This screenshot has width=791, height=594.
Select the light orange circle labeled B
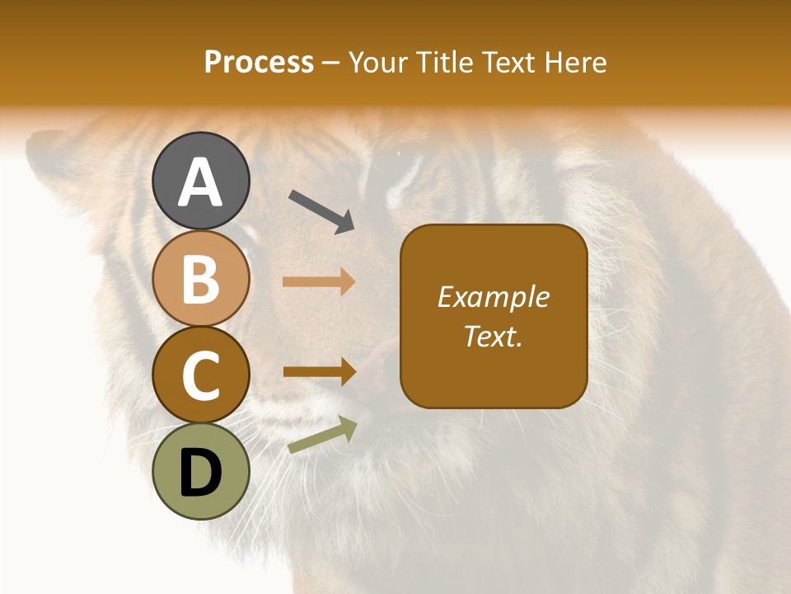coord(200,279)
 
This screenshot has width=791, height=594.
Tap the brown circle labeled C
coord(200,375)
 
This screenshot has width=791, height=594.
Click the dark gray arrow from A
coord(321,210)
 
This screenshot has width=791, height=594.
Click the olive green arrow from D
coord(322,436)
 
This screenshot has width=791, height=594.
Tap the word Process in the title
coord(259,63)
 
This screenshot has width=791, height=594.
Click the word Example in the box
coord(493,297)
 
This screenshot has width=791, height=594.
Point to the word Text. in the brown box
coord(493,337)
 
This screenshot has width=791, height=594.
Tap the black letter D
coord(200,474)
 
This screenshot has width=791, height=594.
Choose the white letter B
coord(200,279)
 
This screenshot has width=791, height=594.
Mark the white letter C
coord(200,377)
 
